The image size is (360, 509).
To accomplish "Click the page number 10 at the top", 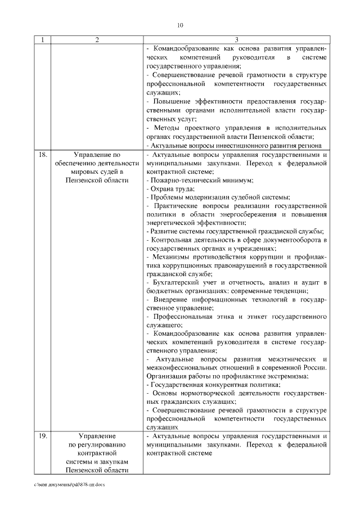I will pyautogui.click(x=180, y=25).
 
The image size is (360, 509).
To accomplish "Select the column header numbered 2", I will pyautogui.click(x=97, y=39).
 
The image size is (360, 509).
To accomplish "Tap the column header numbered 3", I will pyautogui.click(x=236, y=39).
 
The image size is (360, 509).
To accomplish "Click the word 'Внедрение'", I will pyautogui.click(x=170, y=299).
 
